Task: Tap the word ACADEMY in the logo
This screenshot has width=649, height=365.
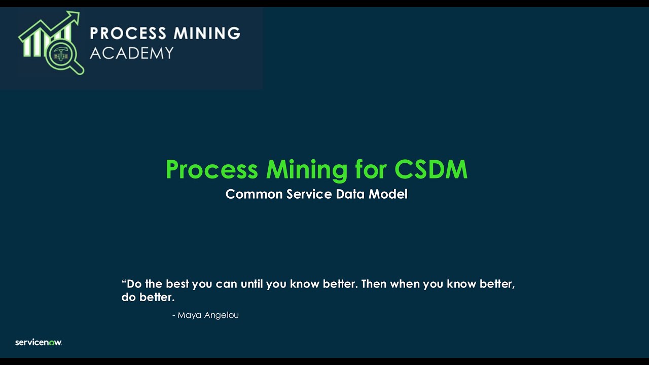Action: (x=132, y=53)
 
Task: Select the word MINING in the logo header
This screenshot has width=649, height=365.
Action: (x=207, y=33)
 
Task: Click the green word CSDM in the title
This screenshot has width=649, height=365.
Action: (x=431, y=169)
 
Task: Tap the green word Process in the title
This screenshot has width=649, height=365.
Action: (x=211, y=170)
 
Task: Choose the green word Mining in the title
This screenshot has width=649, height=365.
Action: (x=307, y=170)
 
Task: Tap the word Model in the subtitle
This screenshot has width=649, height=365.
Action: (x=388, y=194)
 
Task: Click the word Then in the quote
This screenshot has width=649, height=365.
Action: (x=374, y=284)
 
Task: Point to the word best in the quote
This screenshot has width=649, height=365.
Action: (x=176, y=284)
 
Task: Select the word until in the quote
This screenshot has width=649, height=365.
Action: (x=251, y=284)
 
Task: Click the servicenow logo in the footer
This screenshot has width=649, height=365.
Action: (x=39, y=342)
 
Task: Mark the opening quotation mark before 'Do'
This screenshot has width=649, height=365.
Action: (x=124, y=282)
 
